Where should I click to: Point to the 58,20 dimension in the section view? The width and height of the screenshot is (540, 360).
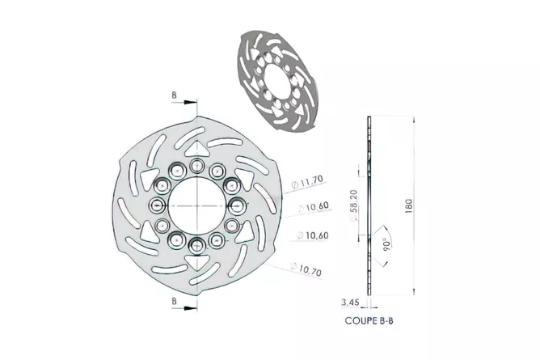click(354, 201)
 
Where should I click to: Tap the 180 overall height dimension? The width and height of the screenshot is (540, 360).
click(408, 206)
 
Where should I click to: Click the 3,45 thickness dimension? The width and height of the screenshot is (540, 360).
click(350, 303)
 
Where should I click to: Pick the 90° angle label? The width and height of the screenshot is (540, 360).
click(386, 244)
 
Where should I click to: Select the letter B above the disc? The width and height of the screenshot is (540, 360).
click(175, 95)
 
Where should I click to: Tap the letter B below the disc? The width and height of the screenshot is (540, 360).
click(175, 302)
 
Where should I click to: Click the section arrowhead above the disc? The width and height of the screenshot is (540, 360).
click(190, 102)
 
